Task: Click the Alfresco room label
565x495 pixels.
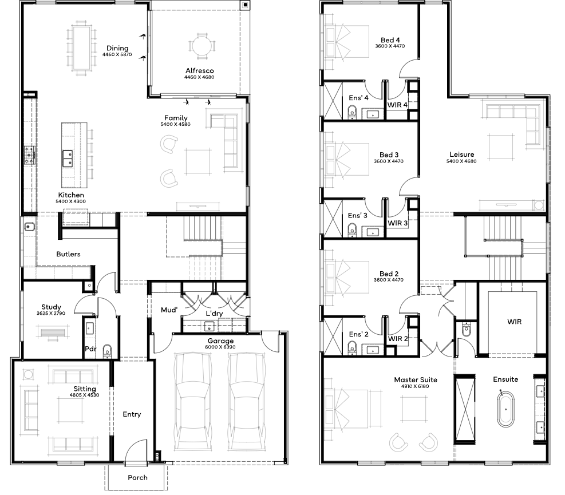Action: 200,70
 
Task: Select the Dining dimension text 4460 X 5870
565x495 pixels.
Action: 117,55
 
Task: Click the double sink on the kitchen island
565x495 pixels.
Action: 67,158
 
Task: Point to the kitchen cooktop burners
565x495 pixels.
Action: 30,155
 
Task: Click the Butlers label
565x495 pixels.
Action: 68,254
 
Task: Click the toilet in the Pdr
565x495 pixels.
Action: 108,351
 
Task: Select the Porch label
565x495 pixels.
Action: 137,477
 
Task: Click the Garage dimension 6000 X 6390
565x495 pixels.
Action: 220,347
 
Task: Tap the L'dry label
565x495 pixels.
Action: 214,314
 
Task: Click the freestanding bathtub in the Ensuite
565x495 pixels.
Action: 505,410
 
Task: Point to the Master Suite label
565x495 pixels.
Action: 416,379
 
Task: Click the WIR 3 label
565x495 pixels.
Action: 397,223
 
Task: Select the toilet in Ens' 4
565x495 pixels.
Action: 352,112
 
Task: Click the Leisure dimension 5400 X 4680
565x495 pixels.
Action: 461,161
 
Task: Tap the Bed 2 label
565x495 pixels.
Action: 389,274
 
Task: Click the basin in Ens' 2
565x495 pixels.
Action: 372,349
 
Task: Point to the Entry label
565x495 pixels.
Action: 132,414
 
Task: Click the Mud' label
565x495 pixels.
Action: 169,310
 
